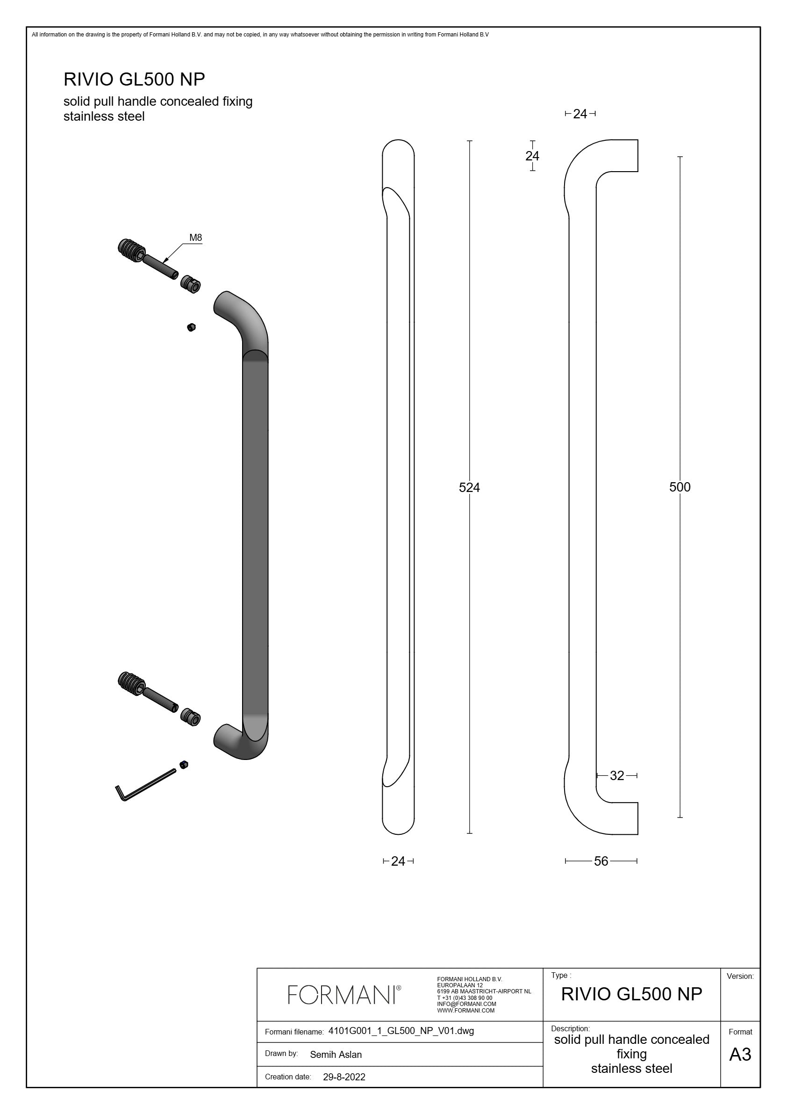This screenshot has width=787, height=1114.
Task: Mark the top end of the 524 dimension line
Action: pos(469,141)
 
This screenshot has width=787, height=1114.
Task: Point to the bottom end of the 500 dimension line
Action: pos(680,817)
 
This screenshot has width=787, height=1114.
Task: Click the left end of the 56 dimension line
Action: pos(565,861)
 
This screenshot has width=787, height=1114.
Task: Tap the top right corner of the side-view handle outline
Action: pos(637,140)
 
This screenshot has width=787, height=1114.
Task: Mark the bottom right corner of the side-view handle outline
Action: pos(637,834)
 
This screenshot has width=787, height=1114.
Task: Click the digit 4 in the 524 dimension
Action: pos(476,487)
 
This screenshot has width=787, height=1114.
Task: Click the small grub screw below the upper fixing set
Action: pos(191,327)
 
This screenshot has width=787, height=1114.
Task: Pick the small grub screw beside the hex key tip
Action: pos(184,765)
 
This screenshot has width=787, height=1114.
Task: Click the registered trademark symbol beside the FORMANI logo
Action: pos(399,987)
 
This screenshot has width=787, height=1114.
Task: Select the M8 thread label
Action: pos(195,238)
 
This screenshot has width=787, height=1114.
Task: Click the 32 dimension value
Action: pos(617,775)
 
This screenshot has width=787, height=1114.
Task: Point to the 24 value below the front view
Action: pos(398,861)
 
